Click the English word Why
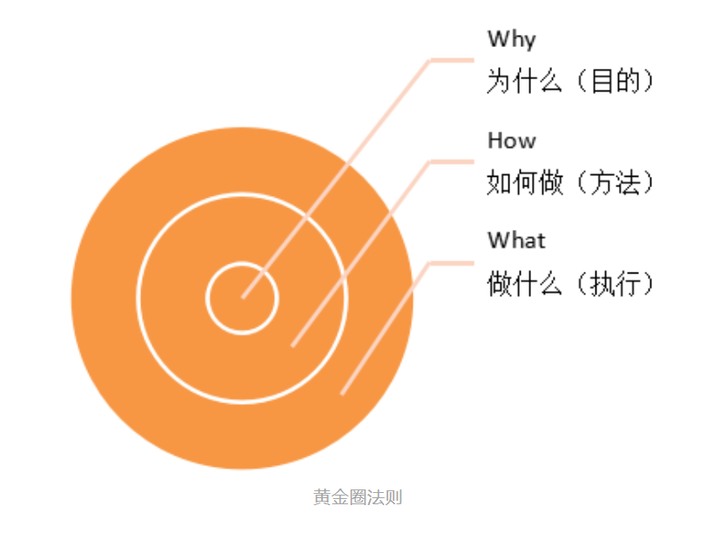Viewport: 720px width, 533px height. [511, 40]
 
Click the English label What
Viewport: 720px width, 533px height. [516, 240]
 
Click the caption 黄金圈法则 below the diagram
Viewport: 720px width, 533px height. [358, 498]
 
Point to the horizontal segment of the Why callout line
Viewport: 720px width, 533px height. [452, 60]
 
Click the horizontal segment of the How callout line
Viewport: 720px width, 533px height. [452, 162]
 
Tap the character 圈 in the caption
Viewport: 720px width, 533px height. [358, 498]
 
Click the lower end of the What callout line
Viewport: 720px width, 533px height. [342, 393]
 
